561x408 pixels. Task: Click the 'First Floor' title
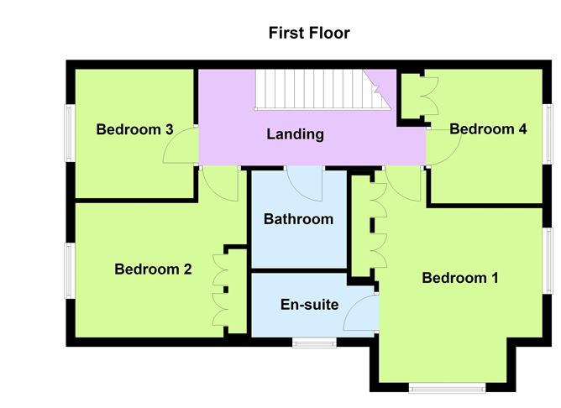[309, 33]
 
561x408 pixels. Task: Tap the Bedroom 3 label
[134, 129]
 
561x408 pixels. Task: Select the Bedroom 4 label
[488, 128]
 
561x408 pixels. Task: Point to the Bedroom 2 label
[153, 269]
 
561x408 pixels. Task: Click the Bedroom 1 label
[460, 278]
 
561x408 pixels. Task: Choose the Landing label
[295, 134]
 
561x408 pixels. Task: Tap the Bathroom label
[298, 219]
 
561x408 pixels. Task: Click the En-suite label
[310, 305]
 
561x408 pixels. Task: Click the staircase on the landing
[322, 90]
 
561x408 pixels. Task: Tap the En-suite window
[314, 343]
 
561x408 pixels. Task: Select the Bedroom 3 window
[70, 133]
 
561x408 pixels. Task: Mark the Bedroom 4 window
[548, 134]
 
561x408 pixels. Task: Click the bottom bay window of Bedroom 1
[447, 388]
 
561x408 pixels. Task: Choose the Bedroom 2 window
[70, 270]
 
